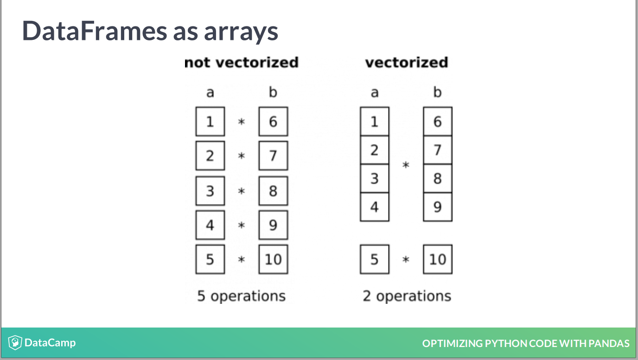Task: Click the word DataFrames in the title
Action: [x=95, y=31]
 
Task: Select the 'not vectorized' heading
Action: [x=241, y=63]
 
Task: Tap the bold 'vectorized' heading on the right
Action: [x=407, y=63]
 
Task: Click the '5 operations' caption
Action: [x=241, y=296]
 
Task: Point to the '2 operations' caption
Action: [x=407, y=296]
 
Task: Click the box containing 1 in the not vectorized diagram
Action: [x=210, y=122]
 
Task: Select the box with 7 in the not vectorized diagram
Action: [x=273, y=155]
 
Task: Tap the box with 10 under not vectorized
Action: [x=273, y=259]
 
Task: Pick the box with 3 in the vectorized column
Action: [x=375, y=179]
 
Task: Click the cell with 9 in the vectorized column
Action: [x=438, y=207]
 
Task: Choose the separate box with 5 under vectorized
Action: [x=375, y=259]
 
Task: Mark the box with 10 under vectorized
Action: [x=438, y=259]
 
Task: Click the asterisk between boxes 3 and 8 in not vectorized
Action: [x=242, y=191]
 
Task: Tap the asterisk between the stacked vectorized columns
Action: [x=406, y=165]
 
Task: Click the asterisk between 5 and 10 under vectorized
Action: [x=406, y=259]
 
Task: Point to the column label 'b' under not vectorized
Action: [x=273, y=92]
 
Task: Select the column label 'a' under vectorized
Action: [x=375, y=93]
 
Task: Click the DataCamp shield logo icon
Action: [x=15, y=343]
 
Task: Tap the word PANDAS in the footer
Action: [x=609, y=343]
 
